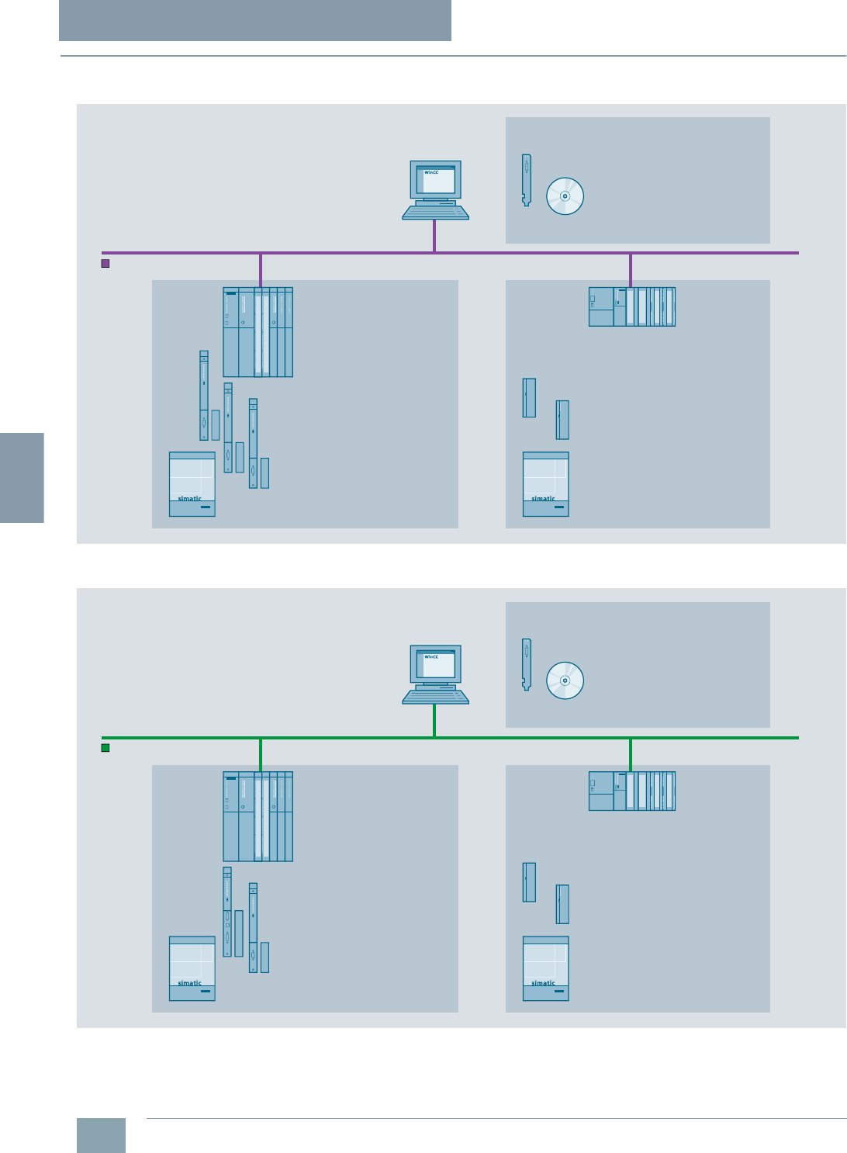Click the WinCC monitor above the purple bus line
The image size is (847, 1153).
[x=435, y=180]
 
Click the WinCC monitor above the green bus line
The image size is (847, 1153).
[x=435, y=664]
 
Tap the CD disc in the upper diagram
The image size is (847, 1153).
[x=565, y=196]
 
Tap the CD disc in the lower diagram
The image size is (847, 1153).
[x=565, y=680]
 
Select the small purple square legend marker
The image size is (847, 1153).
[x=105, y=264]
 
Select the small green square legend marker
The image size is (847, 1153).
[x=105, y=748]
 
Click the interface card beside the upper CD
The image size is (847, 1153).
[x=527, y=179]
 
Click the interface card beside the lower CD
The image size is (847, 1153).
[x=527, y=663]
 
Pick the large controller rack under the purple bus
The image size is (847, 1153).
[x=258, y=332]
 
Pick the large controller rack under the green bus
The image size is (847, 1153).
[x=258, y=816]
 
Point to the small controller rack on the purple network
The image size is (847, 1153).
[x=631, y=306]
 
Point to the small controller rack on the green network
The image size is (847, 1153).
[x=631, y=791]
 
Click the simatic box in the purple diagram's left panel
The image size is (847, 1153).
[x=192, y=484]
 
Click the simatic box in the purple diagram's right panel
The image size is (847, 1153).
[x=545, y=484]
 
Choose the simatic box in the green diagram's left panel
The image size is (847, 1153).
[x=192, y=968]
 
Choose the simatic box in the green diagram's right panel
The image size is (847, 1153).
[x=545, y=968]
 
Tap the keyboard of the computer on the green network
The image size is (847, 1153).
[x=435, y=696]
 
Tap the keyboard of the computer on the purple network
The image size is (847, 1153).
[x=435, y=212]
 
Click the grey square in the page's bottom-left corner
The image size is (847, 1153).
[x=101, y=1135]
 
